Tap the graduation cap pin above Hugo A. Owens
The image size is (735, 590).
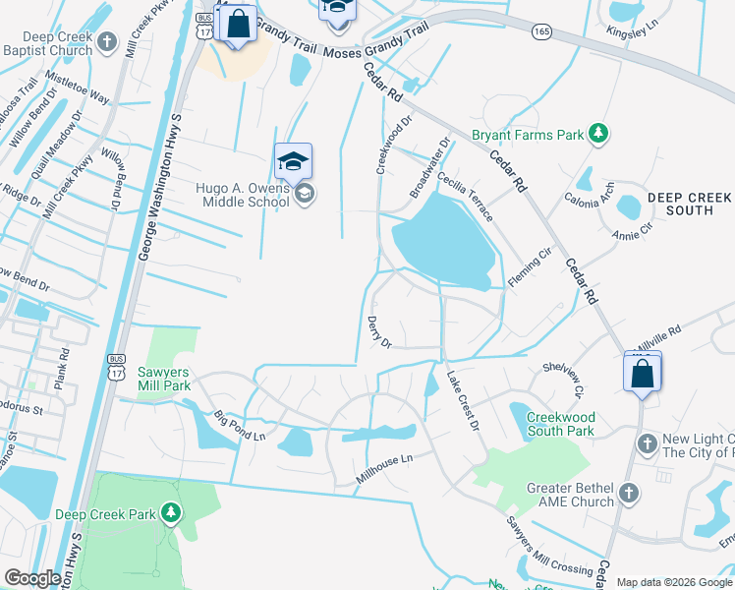point(293,161)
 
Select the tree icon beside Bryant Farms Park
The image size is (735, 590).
point(596,134)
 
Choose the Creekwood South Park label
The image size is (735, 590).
point(560,424)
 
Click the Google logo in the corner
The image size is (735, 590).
point(32,577)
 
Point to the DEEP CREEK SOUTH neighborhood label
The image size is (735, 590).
point(689,204)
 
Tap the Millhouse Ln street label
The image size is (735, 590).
point(385,470)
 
